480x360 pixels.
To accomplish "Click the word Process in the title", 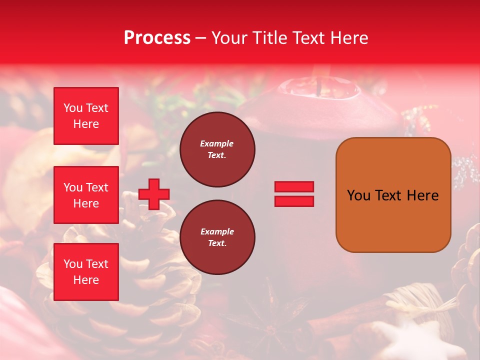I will (157, 38).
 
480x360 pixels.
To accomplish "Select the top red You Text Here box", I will (86, 116).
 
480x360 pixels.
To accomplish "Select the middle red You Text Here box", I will (86, 195).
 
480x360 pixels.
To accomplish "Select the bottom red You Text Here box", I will (86, 272).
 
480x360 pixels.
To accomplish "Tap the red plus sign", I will (154, 194).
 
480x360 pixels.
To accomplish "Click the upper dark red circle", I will (217, 149).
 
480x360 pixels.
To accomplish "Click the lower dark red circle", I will (217, 237).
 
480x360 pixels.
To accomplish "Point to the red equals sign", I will (294, 194).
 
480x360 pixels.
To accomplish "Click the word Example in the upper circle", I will (217, 143).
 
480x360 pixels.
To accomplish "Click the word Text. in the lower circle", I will (217, 243).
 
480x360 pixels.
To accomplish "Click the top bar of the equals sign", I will (294, 187).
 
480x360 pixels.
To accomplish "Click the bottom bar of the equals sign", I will (294, 201).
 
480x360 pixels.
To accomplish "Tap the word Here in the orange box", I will (422, 195).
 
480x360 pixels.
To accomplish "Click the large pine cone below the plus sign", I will (125, 280).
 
